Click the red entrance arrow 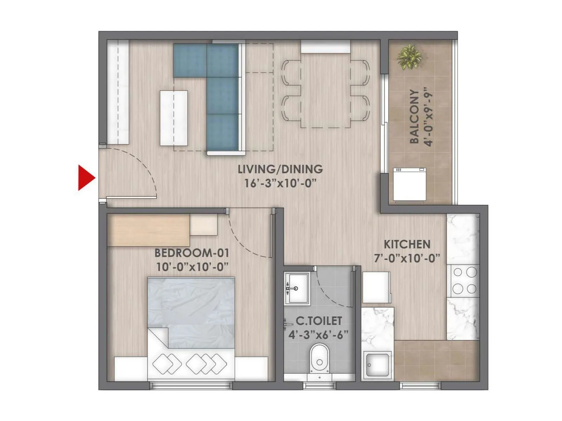click(x=85, y=178)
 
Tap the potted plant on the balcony click(x=409, y=57)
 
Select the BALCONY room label click(x=414, y=116)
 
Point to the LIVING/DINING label click(x=280, y=169)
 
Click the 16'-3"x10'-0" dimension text click(x=280, y=183)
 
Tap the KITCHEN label click(x=407, y=244)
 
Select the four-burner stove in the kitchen click(x=464, y=281)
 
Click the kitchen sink click(x=377, y=365)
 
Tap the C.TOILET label click(x=319, y=321)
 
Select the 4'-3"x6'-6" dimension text click(x=318, y=335)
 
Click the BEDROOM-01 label click(x=192, y=253)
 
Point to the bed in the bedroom click(x=191, y=328)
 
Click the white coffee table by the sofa click(x=174, y=118)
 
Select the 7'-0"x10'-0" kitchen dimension click(x=407, y=259)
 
